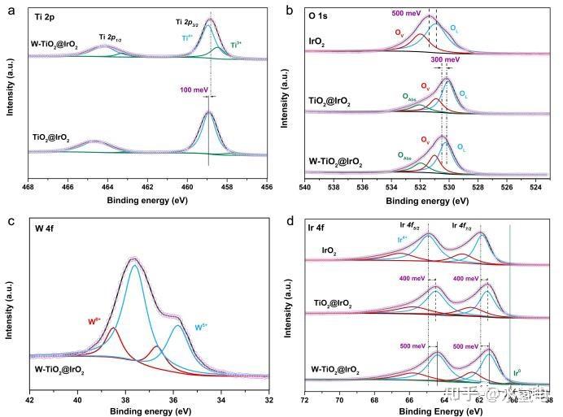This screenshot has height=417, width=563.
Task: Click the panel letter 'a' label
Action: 7,10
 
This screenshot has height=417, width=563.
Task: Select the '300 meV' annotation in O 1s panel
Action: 445,59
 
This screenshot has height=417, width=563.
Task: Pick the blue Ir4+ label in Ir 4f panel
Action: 404,239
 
